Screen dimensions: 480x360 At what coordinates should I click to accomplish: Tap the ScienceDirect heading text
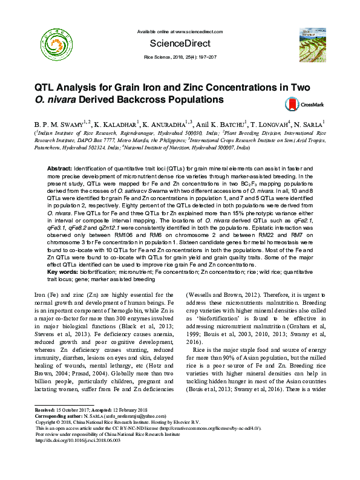click(180, 44)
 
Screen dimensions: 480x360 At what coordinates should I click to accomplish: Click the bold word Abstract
click(59, 167)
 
